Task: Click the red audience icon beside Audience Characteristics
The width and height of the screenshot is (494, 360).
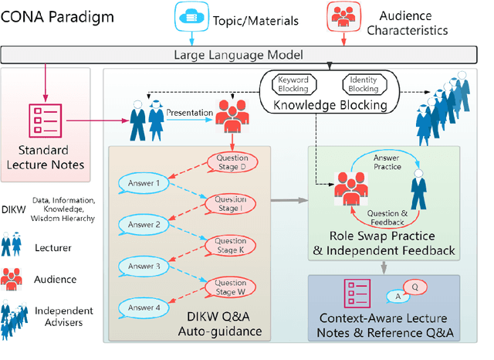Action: (x=342, y=15)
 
